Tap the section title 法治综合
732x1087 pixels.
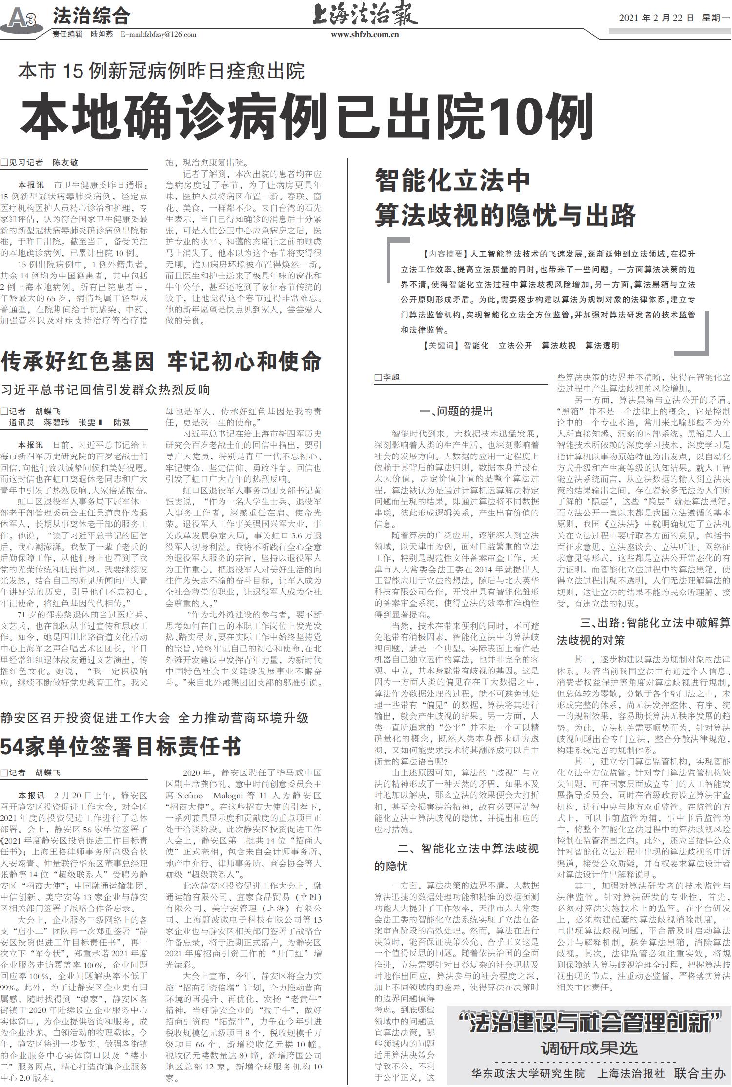pyautogui.click(x=91, y=16)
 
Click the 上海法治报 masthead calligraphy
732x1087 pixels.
pyautogui.click(x=365, y=15)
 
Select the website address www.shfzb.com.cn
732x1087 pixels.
pyautogui.click(x=365, y=34)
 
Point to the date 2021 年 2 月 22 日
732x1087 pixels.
pyautogui.click(x=656, y=18)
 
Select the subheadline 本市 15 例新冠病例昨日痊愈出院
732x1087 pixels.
pyautogui.click(x=161, y=71)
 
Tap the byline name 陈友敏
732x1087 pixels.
pyautogui.click(x=65, y=162)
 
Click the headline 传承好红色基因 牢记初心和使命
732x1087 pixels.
pyautogui.click(x=161, y=361)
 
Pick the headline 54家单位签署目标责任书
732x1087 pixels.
pyautogui.click(x=121, y=746)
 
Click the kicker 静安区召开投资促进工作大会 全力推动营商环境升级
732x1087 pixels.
pyautogui.click(x=155, y=718)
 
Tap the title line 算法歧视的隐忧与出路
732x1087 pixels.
pyautogui.click(x=505, y=215)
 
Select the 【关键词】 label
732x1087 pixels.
pyautogui.click(x=441, y=345)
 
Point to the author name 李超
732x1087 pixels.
pyautogui.click(x=391, y=377)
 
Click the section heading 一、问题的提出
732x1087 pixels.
pyautogui.click(x=457, y=411)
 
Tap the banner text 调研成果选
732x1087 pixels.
pyautogui.click(x=589, y=1047)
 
